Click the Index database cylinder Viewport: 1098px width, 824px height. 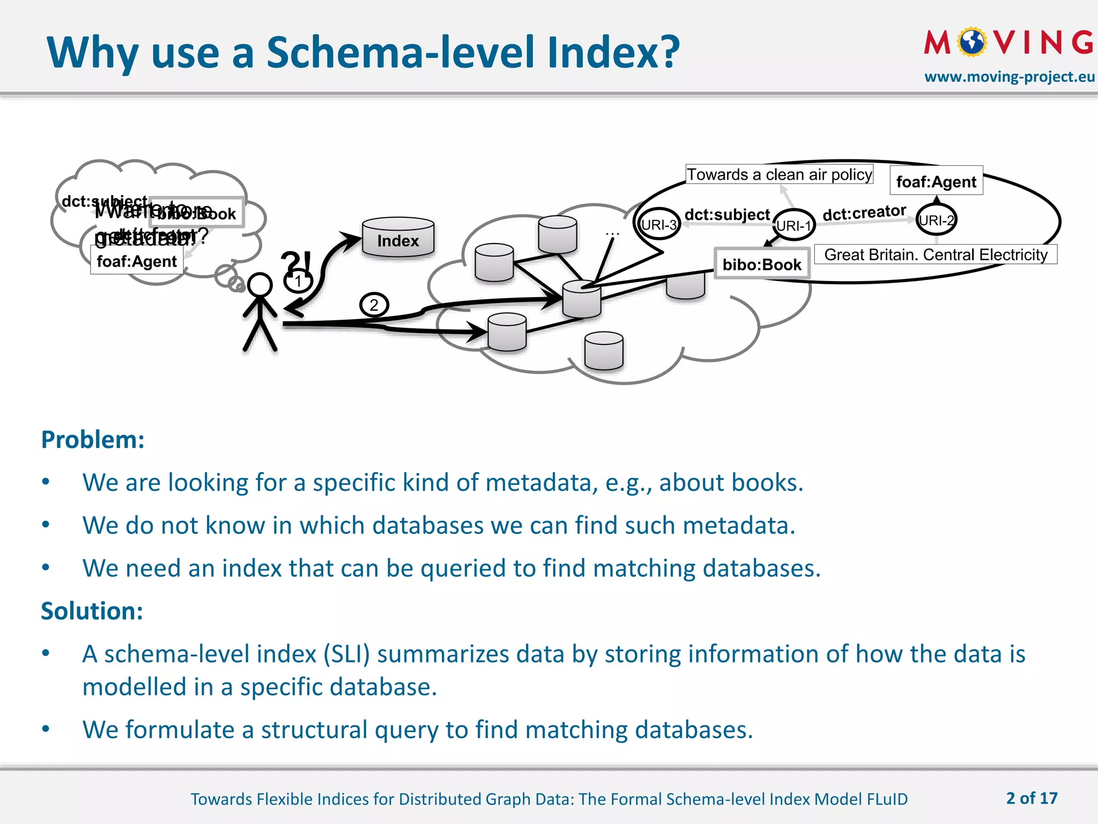398,238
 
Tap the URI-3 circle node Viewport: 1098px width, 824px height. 658,224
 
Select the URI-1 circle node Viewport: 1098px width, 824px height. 794,225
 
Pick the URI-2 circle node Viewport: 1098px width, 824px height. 936,220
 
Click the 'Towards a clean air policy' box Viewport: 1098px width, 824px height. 780,174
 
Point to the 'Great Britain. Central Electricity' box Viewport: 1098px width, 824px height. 936,254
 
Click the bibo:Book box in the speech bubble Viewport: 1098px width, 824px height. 762,263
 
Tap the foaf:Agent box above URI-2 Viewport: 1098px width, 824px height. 936,181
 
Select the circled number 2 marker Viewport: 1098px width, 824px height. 374,305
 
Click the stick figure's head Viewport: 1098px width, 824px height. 260,284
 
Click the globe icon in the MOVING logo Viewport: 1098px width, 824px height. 972,42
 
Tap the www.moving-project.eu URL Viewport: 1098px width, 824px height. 1009,77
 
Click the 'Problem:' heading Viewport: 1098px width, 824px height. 93,439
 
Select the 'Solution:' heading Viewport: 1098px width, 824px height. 92,611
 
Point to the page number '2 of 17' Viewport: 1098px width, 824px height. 1032,798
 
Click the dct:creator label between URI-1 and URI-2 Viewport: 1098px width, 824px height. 864,213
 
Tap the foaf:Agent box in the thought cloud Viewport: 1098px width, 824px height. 137,261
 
